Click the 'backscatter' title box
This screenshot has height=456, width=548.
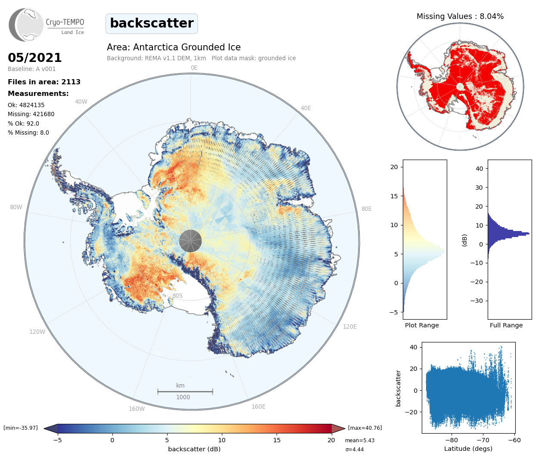point(152,23)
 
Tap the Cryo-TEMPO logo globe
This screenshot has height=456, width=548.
point(27,25)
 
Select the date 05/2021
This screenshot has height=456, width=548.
point(35,58)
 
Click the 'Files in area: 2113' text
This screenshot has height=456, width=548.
point(44,82)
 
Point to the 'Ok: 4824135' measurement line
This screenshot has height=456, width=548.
point(26,105)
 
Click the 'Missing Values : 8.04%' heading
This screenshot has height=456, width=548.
point(460,16)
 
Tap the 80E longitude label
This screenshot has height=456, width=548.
point(366,209)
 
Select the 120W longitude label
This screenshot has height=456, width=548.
point(37,332)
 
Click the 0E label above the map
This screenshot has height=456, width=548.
point(194,68)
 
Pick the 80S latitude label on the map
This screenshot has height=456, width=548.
point(177,296)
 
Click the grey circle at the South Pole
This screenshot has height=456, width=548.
point(190,240)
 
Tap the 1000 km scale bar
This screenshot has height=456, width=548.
point(185,391)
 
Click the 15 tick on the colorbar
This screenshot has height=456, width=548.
point(277,440)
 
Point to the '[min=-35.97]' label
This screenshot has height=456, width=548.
point(21,428)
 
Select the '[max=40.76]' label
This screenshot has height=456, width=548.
point(365,428)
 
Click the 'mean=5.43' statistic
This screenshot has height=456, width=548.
point(360,441)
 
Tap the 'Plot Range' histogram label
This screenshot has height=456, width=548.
point(422,325)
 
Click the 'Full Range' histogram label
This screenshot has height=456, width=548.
point(506,325)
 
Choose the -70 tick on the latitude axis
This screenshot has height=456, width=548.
point(483,440)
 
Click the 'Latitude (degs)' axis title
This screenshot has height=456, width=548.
point(468,449)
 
